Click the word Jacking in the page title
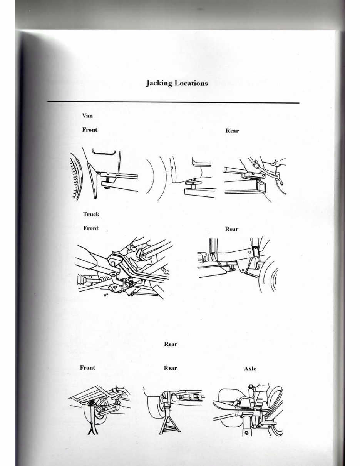[x=159, y=83]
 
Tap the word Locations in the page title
[x=191, y=83]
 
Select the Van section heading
[x=87, y=115]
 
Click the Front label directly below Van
[x=90, y=130]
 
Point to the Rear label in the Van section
[x=232, y=131]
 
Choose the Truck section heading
[x=91, y=214]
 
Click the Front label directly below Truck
[x=91, y=228]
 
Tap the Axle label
[x=250, y=369]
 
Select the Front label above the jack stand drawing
[x=87, y=367]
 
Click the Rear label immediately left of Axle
[x=170, y=368]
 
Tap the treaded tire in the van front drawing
[x=75, y=175]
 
